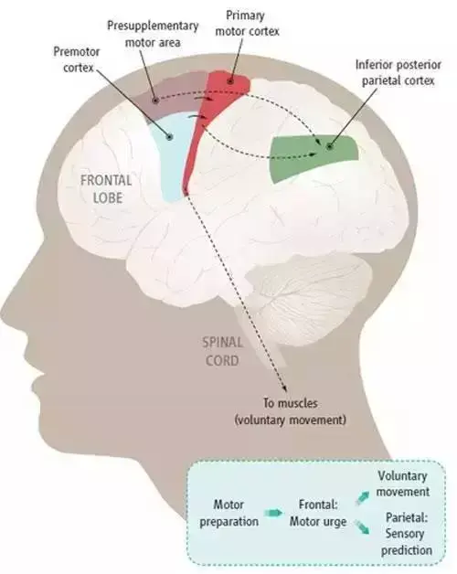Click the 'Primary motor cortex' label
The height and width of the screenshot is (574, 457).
coord(247,24)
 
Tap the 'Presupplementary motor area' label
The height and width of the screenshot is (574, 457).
coord(153,34)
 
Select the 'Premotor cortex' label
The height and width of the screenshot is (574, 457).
coord(77,59)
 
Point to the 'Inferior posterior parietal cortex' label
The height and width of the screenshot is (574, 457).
coord(399,72)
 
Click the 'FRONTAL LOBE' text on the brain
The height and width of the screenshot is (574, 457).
coord(106,189)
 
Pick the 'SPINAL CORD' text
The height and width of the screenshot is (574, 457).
coord(222,351)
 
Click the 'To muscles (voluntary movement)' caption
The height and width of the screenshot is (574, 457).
coord(290,411)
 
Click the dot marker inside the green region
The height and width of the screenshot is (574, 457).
coord(330,147)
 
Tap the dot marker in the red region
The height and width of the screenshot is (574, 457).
coord(230,81)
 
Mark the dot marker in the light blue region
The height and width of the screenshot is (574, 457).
coord(169,137)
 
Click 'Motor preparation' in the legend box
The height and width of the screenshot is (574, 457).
coord(228,514)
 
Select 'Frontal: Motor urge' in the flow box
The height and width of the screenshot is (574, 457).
coord(318,514)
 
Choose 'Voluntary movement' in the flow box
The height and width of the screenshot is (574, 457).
coord(403,484)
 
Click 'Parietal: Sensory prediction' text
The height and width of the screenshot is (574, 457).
coord(407,534)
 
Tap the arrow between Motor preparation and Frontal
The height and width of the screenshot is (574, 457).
coord(273,513)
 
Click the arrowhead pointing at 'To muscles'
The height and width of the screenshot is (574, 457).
coord(284,390)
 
